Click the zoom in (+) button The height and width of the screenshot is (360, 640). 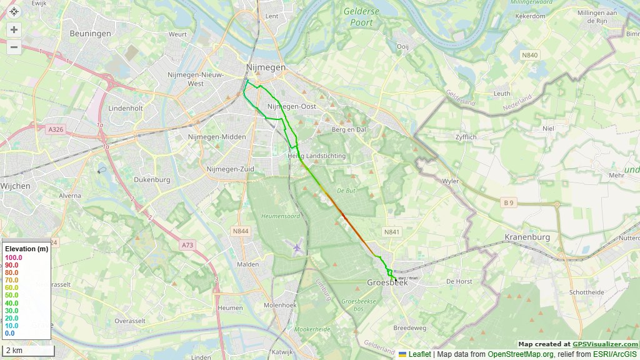pos(14,29)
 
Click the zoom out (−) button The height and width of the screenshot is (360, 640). pos(14,46)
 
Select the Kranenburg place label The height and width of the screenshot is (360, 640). pos(527,237)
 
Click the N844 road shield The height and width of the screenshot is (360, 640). pos(241,231)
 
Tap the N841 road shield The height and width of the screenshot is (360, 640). pos(392,232)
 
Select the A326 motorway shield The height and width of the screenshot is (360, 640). pos(56,129)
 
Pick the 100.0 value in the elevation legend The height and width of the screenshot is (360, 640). pos(13,257)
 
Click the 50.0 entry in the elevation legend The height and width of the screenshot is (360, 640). pos(12,295)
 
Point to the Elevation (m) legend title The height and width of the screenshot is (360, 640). pos(26,249)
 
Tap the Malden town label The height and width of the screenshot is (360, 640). pos(248,265)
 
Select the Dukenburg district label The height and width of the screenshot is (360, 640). pos(151,179)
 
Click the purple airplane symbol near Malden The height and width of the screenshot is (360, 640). pos(296,248)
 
